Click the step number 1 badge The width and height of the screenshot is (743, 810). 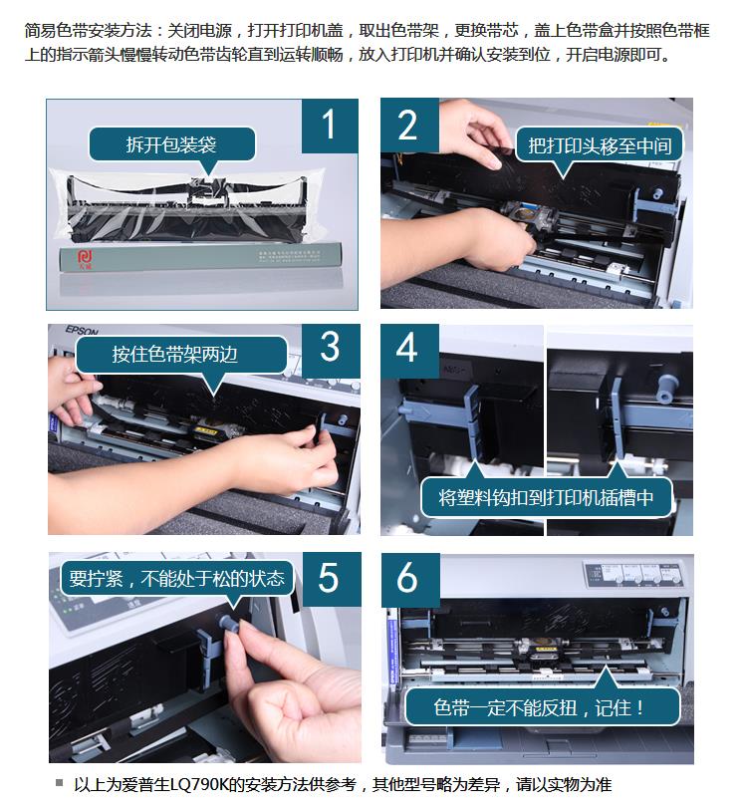tap(330, 126)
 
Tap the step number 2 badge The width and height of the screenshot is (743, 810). tap(409, 125)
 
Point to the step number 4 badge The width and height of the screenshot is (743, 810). tap(409, 351)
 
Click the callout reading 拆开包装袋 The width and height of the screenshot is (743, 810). tap(172, 144)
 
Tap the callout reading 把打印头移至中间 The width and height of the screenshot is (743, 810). tap(600, 146)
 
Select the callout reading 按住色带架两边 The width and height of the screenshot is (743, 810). tap(180, 355)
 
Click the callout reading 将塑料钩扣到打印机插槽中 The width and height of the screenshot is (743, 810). tap(546, 497)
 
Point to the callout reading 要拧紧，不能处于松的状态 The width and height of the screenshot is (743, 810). tap(177, 579)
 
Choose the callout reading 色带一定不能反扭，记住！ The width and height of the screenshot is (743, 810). tap(542, 707)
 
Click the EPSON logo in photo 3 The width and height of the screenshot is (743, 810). tap(81, 330)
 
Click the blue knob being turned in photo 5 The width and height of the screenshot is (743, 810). tap(229, 623)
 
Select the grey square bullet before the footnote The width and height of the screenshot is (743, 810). tap(60, 783)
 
